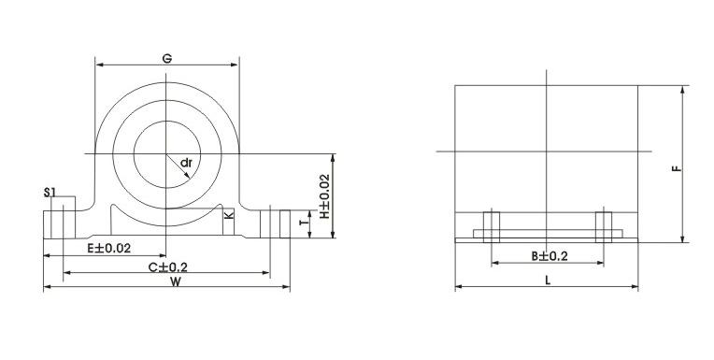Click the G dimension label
[x=167, y=58]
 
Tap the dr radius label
[x=186, y=163]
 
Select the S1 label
[x=50, y=193]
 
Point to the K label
[x=229, y=214]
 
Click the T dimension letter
[x=304, y=223]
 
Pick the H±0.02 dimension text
[x=323, y=196]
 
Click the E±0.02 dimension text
[x=108, y=249]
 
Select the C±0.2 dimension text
[x=167, y=267]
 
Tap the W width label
[x=176, y=281]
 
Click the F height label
[x=678, y=168]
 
